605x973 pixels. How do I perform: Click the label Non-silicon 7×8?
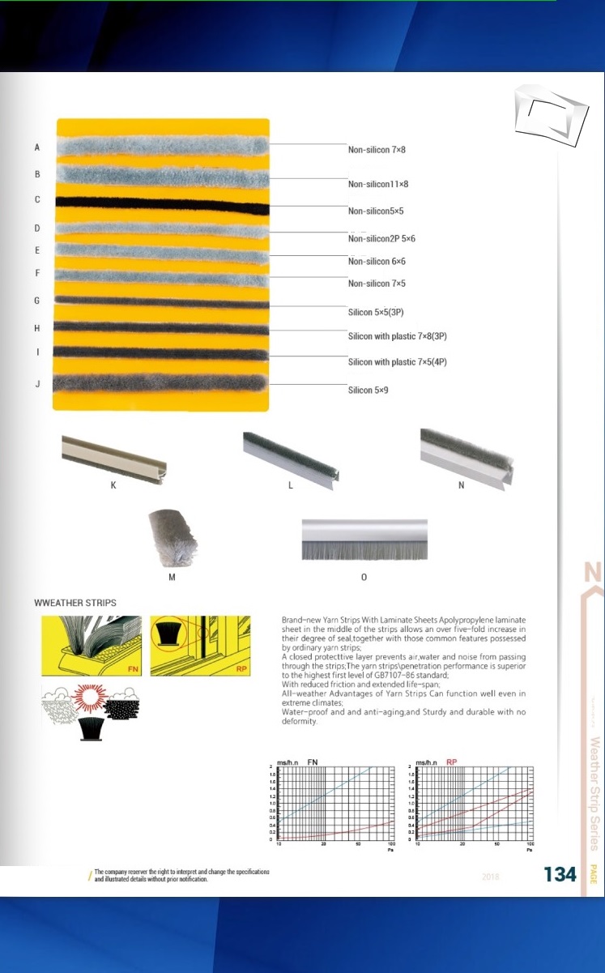tap(376, 150)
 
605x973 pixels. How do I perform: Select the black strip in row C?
tap(162, 202)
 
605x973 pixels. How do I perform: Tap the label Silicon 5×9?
tap(369, 390)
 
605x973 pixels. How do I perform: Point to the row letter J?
tap(37, 384)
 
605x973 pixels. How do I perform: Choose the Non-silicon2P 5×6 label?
tap(381, 239)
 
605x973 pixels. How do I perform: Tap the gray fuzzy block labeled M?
tap(173, 540)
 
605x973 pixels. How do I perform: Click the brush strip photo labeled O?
tap(364, 540)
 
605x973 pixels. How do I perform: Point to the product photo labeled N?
tap(467, 457)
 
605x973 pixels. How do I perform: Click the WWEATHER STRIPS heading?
tap(75, 603)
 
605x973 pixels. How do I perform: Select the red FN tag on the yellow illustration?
tap(134, 668)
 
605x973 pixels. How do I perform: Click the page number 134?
tap(560, 874)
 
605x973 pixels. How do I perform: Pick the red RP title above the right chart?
tap(452, 762)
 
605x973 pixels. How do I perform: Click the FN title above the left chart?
tap(312, 762)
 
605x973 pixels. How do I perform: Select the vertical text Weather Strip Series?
tap(594, 793)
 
